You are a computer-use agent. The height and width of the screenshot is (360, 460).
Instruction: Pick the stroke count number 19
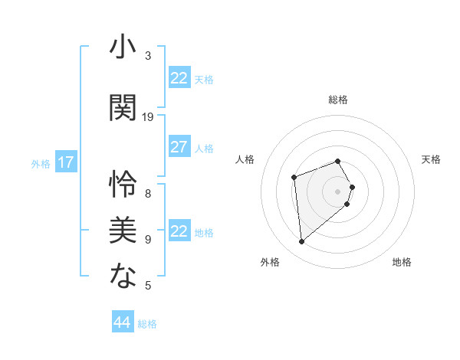149,117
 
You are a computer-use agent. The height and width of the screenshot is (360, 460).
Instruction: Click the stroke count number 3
148,56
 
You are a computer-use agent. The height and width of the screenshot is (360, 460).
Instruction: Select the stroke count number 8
148,193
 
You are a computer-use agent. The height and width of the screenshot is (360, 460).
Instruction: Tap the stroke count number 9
148,240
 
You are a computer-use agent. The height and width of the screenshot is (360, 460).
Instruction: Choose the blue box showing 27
179,147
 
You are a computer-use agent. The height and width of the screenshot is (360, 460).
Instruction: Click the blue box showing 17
66,162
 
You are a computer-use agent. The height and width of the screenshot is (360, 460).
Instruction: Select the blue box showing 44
122,322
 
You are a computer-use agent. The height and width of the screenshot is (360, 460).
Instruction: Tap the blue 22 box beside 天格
179,78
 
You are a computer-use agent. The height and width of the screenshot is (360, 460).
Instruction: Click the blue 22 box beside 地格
179,231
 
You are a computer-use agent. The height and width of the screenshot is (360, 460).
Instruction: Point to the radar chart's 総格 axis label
337,100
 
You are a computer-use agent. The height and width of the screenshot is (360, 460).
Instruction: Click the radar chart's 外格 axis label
270,262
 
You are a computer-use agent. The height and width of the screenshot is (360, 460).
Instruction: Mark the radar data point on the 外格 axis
302,242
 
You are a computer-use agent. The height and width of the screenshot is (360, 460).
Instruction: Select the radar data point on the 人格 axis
294,178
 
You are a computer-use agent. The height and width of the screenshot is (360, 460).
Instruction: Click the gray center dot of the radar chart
337,191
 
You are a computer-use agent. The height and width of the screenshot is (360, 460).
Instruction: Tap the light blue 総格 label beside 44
147,324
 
